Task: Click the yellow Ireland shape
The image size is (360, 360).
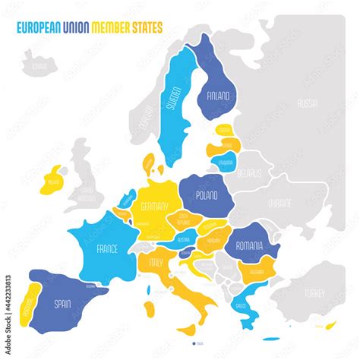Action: (53, 181)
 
